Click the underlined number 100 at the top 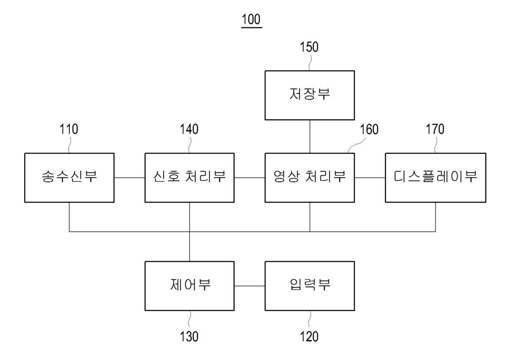251,19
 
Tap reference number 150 309,47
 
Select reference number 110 69,129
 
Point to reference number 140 189,129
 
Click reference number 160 369,129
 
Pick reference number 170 435,129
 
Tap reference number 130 189,337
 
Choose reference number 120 309,337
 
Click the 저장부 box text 310,94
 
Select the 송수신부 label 70,176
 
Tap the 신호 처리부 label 190,176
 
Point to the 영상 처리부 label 310,176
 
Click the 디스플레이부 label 435,176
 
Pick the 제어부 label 190,285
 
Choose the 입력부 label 310,285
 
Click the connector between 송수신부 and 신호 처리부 130,178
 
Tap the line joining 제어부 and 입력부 250,286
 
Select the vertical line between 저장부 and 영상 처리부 310,137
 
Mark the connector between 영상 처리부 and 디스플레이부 370,178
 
